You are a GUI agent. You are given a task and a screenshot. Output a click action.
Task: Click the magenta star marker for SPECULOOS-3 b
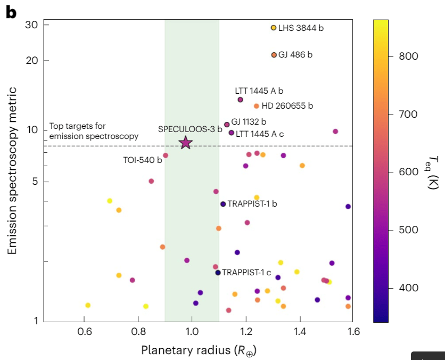point(185,143)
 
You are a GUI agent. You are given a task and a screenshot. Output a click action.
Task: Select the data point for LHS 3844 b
point(274,28)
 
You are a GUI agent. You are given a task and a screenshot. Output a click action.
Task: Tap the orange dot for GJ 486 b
point(274,55)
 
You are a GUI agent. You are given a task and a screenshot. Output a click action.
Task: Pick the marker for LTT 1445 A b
point(240,100)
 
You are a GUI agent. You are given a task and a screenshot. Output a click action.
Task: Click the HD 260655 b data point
point(257,106)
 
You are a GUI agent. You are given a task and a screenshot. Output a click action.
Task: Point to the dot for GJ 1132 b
point(227,125)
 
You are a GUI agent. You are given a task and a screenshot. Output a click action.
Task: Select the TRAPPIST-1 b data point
point(223,204)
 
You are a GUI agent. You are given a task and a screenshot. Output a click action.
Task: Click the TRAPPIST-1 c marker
point(218,273)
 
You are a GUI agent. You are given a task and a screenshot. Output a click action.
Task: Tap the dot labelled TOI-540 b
point(166,156)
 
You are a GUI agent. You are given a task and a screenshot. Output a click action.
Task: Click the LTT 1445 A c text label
point(260,134)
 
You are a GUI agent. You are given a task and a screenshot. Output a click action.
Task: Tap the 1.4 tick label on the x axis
point(300,332)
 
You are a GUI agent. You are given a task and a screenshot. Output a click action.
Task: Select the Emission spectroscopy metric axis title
point(12,170)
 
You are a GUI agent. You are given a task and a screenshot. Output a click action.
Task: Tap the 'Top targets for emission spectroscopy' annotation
point(94,132)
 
